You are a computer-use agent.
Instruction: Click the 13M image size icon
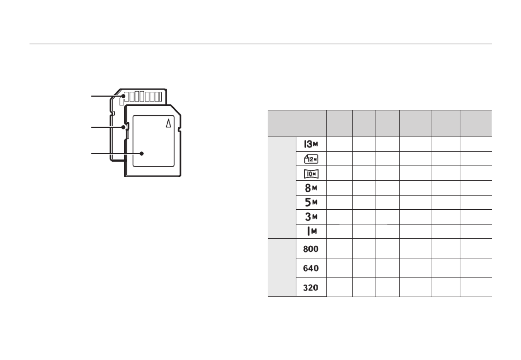point(311,144)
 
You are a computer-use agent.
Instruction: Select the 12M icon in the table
point(311,159)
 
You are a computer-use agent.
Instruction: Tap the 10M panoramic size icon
point(311,174)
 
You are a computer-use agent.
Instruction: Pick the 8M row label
point(311,188)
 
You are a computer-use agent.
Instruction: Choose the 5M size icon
point(311,202)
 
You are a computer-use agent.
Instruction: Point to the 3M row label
point(311,217)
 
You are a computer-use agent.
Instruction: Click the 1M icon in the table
point(312,231)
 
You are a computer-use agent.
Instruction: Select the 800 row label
point(311,249)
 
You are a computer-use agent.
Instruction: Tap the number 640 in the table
point(311,268)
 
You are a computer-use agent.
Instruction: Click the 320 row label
point(311,287)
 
